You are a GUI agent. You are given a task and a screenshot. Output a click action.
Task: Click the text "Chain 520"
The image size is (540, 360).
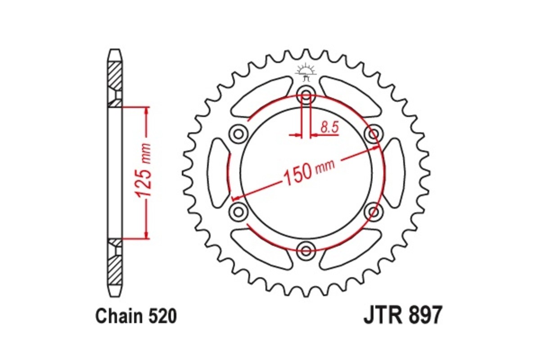click(x=135, y=317)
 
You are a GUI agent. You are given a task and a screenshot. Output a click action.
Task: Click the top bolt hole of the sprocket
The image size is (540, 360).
click(x=306, y=96)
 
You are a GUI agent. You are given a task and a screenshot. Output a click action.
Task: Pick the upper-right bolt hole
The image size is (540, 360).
click(x=373, y=134)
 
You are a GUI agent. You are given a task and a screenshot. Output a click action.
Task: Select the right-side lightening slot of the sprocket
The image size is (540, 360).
click(x=395, y=173)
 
